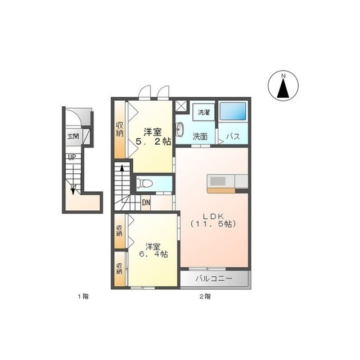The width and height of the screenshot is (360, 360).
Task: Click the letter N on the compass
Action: click(x=283, y=76)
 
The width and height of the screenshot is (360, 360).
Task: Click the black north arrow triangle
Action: click(x=283, y=88)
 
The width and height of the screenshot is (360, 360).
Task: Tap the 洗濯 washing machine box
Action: click(x=204, y=112)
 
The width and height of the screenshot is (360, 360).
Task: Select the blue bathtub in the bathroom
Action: click(x=233, y=111)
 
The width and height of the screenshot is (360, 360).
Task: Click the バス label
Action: click(x=233, y=136)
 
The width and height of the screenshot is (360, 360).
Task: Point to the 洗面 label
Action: click(x=200, y=137)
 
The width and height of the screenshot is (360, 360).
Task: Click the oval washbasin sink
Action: click(x=179, y=129)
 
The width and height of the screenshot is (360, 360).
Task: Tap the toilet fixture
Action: click(x=145, y=183)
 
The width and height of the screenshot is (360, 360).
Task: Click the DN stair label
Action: click(x=146, y=202)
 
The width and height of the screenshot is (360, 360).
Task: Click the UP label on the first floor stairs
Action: click(x=72, y=157)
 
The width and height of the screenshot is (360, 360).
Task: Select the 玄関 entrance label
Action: click(x=73, y=136)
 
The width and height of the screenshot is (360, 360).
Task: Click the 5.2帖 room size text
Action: click(x=154, y=142)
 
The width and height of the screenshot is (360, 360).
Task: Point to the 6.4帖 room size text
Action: click(x=154, y=254)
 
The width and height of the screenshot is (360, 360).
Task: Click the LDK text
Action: click(x=213, y=216)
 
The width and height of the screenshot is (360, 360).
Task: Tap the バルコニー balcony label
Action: click(x=214, y=279)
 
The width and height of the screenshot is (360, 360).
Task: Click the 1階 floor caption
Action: click(x=83, y=296)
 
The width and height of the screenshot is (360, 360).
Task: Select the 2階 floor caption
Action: click(x=205, y=296)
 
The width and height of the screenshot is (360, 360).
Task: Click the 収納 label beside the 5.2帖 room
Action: click(x=119, y=129)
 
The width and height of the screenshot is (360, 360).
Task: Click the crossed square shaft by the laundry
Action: click(x=181, y=106)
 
